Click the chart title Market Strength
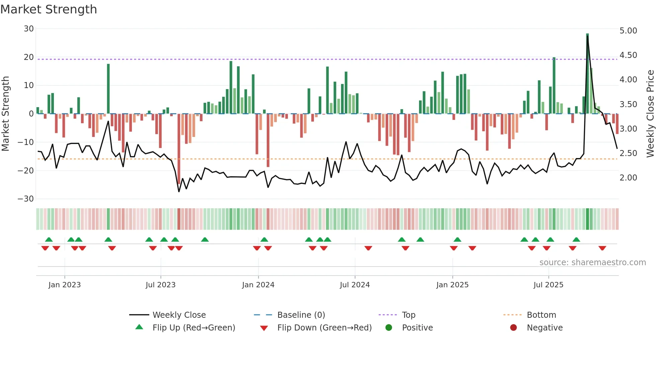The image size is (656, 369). [x=49, y=9]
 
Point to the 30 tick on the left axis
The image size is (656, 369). [x=29, y=29]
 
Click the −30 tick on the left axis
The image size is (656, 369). [x=26, y=199]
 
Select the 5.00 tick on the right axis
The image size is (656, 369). [x=628, y=31]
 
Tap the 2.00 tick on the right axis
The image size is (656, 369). [x=628, y=178]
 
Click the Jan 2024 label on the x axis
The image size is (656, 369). [x=258, y=285]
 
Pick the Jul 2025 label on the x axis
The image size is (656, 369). [x=548, y=285]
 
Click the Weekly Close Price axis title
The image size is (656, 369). [x=650, y=114]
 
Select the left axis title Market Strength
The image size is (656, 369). [x=6, y=114]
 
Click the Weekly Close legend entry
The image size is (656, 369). [x=179, y=315]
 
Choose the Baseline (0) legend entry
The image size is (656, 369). [x=301, y=315]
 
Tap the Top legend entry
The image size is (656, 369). [x=408, y=315]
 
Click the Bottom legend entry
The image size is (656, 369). [x=541, y=315]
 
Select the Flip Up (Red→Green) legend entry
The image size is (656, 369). [x=193, y=328]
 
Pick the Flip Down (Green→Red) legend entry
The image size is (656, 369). [x=324, y=328]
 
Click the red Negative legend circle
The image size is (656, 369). [x=513, y=327]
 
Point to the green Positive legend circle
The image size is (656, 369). [x=389, y=327]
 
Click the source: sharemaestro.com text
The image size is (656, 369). [x=592, y=263]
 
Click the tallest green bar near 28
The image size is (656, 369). [x=587, y=74]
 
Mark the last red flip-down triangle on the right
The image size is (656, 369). [x=602, y=248]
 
